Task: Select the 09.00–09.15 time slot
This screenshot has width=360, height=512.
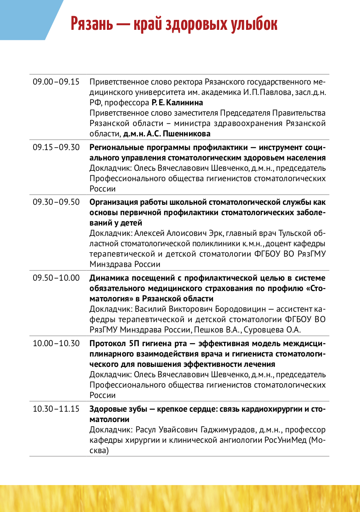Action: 56,82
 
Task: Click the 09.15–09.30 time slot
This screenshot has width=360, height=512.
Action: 56,147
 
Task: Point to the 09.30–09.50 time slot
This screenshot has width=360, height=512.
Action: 56,202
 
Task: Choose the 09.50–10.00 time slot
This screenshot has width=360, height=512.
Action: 56,278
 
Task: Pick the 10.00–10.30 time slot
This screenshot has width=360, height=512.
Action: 56,343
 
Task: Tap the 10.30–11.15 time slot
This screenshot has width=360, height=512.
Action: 56,409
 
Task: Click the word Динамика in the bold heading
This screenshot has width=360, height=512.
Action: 109,278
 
